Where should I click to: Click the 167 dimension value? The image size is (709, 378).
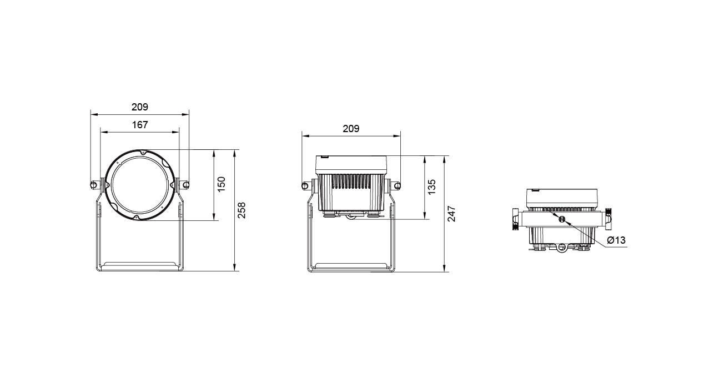[x=140, y=125]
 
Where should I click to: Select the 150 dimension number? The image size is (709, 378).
[x=222, y=184]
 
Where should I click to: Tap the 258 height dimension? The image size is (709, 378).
[x=242, y=210]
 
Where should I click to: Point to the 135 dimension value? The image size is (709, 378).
[x=432, y=187]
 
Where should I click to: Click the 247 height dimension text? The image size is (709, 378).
[x=452, y=214]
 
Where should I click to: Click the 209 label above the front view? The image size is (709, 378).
[x=140, y=107]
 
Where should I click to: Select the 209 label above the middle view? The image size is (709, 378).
[x=351, y=128]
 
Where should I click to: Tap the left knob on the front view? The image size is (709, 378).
[x=94, y=185]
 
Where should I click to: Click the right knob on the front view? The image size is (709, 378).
[x=186, y=185]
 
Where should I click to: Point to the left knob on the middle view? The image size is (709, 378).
[x=305, y=185]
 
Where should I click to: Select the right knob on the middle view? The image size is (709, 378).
[x=397, y=185]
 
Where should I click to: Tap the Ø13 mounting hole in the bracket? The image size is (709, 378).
[x=562, y=219]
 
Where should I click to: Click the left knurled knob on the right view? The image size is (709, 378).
[x=515, y=219]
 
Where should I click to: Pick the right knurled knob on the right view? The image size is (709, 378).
[x=608, y=219]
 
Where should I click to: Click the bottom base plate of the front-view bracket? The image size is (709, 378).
[x=139, y=266]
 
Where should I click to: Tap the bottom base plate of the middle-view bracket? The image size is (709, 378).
[x=351, y=267]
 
